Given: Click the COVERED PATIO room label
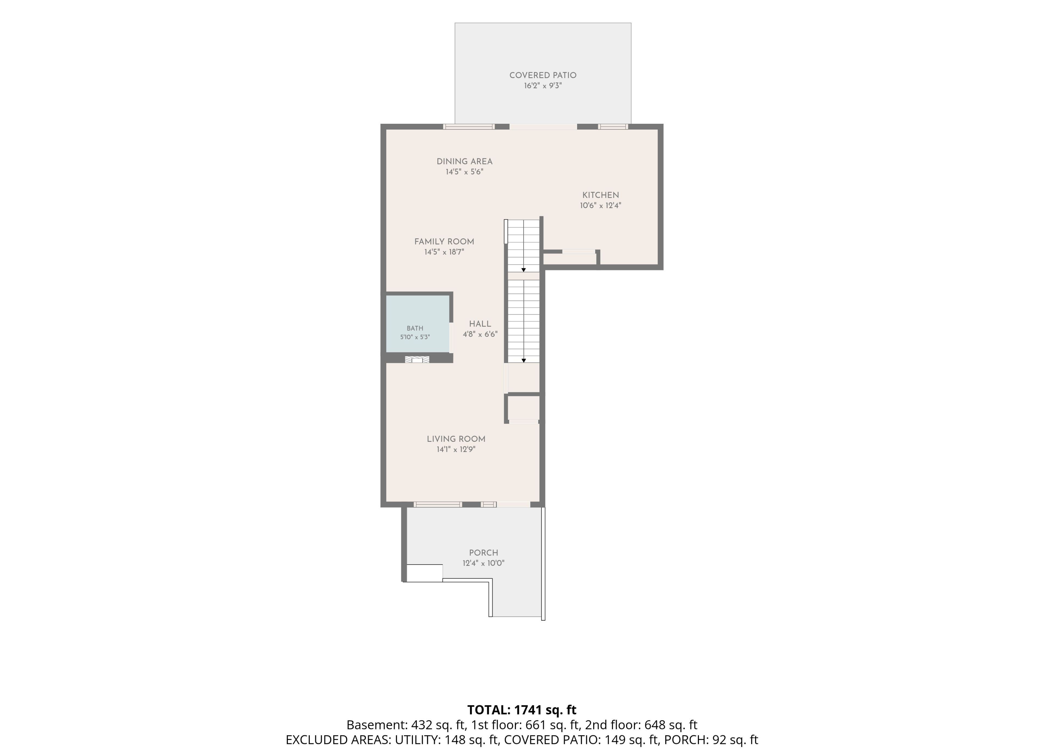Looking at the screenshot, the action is click(x=543, y=75).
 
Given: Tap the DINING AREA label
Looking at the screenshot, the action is click(x=464, y=162).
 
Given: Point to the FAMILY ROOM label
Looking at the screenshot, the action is click(x=444, y=242).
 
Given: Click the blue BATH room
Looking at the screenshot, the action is click(x=418, y=324).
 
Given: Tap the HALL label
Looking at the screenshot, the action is click(x=480, y=324).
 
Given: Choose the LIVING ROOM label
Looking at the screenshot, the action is click(x=456, y=439).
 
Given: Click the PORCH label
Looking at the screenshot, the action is click(x=483, y=553).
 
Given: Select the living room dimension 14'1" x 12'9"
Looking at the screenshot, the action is click(x=456, y=449).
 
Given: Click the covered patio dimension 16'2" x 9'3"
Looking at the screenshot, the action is click(x=543, y=86).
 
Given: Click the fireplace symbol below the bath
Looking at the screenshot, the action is click(x=417, y=360).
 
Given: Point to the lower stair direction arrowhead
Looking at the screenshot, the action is click(x=523, y=361).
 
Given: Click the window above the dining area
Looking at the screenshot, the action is click(x=469, y=127).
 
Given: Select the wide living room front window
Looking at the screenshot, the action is click(x=437, y=505).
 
